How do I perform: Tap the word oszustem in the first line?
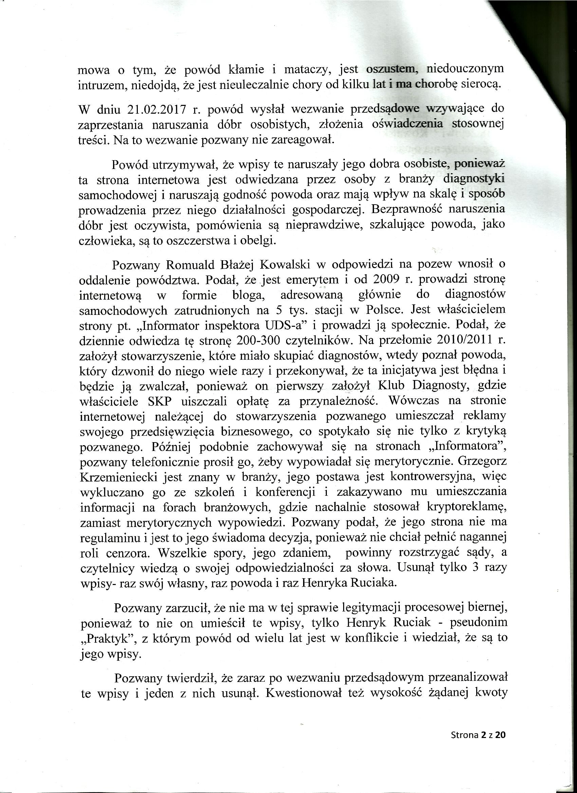tap(390, 69)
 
